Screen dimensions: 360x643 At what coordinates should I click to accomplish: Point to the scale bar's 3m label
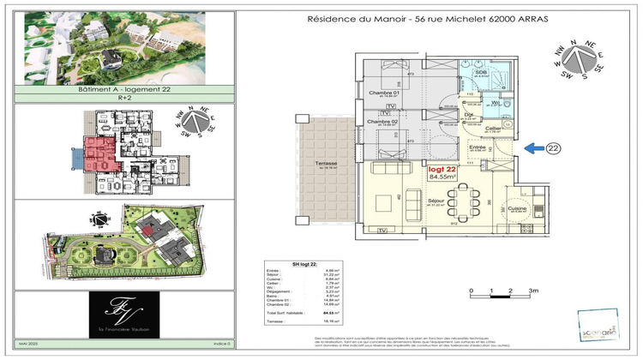point(532,292)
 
